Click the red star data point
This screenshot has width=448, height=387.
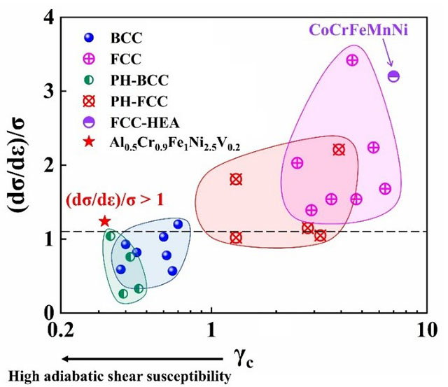pyautogui.click(x=105, y=221)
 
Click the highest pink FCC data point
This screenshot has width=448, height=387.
pyautogui.click(x=352, y=60)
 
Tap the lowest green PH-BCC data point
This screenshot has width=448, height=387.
pyautogui.click(x=123, y=294)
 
